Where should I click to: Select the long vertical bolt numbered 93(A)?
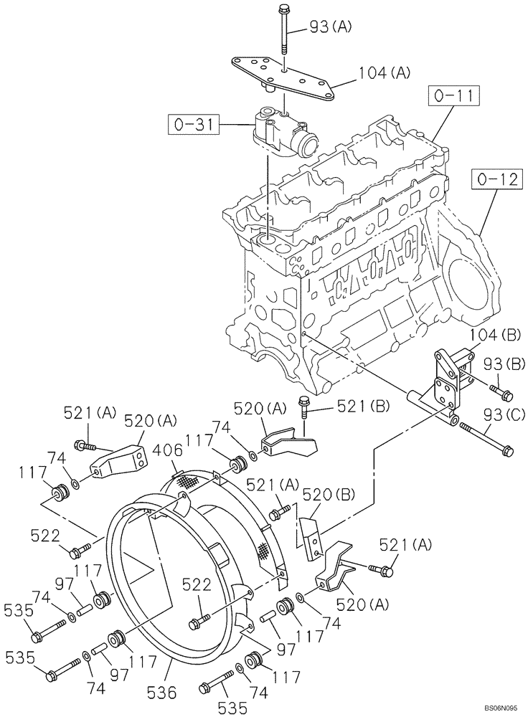pos(286,32)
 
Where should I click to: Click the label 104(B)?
pos(495,336)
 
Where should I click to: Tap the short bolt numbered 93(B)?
pos(501,392)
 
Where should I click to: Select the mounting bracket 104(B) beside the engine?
pos(450,376)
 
